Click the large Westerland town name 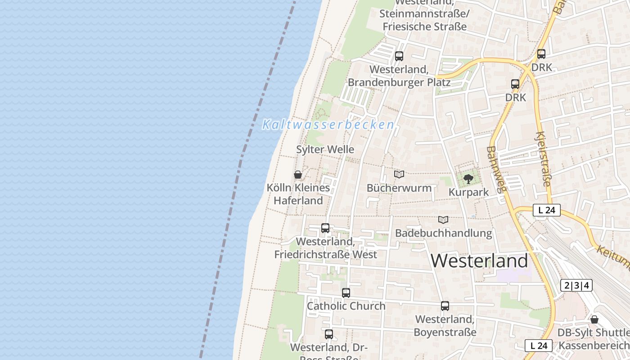[x=480, y=261]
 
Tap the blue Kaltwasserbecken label [x=328, y=125]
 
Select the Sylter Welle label [x=325, y=149]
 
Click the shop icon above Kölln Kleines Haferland [x=297, y=175]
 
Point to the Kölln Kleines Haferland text [x=298, y=194]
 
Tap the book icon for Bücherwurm [x=399, y=174]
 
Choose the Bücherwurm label [x=399, y=188]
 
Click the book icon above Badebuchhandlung [x=443, y=220]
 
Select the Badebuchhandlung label [x=443, y=233]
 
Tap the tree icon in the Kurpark [x=468, y=179]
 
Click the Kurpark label [x=468, y=192]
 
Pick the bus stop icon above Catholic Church [x=346, y=293]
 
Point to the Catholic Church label [x=346, y=306]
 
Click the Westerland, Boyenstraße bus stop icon [x=445, y=306]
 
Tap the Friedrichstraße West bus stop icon [x=325, y=228]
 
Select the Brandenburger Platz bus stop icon [x=399, y=56]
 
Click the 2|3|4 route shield [x=576, y=285]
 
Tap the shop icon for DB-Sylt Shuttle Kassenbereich [x=594, y=319]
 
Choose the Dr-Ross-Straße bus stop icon [x=329, y=334]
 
